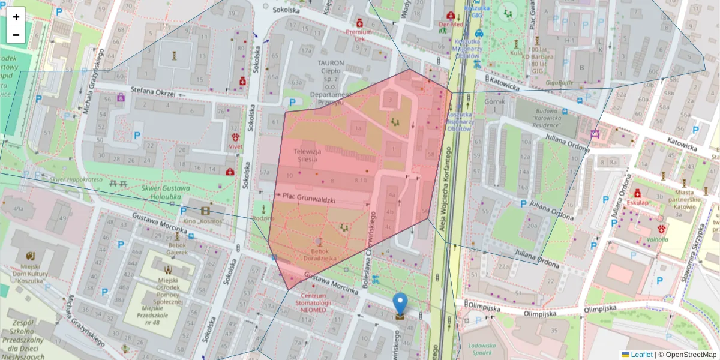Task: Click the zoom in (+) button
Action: point(16,17)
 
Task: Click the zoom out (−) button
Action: point(16,35)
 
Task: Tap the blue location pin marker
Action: point(400,305)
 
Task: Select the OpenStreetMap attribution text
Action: point(690,355)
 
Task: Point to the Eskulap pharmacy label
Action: point(638,202)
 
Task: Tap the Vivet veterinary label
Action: point(235,145)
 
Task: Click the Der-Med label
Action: point(451,25)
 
